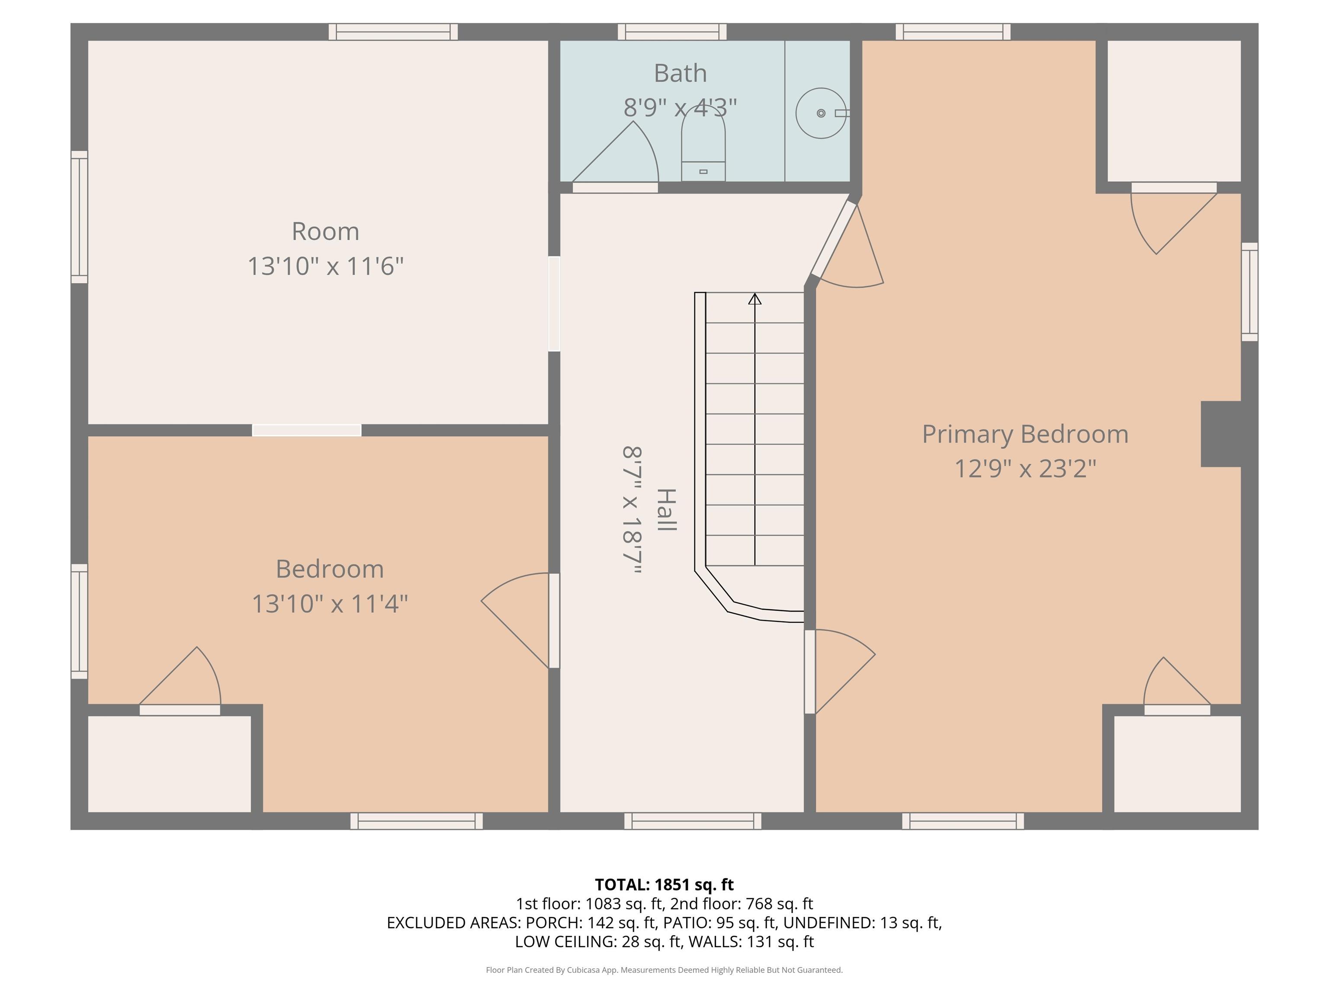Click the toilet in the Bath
pyautogui.click(x=703, y=146)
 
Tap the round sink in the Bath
pyautogui.click(x=821, y=113)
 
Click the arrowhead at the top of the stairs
pyautogui.click(x=754, y=299)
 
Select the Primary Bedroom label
pyautogui.click(x=1025, y=434)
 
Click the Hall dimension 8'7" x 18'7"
pyautogui.click(x=632, y=510)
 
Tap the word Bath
pyautogui.click(x=680, y=73)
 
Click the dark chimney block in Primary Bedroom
pyautogui.click(x=1221, y=434)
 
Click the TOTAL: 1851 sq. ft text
pyautogui.click(x=664, y=884)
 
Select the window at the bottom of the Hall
pyautogui.click(x=693, y=821)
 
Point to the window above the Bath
pyautogui.click(x=672, y=32)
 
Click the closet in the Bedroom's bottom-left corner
pyautogui.click(x=170, y=764)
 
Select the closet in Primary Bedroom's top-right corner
pyautogui.click(x=1174, y=111)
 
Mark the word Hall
pyautogui.click(x=666, y=510)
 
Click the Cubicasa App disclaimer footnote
pyautogui.click(x=664, y=970)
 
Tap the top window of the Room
pyautogui.click(x=393, y=32)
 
